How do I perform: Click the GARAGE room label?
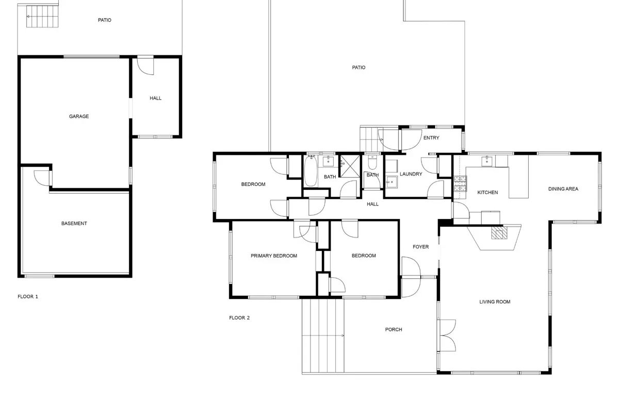79,117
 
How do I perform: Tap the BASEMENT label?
74,224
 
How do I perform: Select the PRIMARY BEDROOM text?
274,256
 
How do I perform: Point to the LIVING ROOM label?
495,302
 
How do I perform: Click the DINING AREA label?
563,189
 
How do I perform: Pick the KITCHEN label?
487,193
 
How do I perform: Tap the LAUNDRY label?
411,174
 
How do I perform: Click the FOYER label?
420,247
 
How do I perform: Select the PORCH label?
394,329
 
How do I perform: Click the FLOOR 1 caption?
28,296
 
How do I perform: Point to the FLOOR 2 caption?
239,318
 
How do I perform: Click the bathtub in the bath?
311,171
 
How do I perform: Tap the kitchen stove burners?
460,184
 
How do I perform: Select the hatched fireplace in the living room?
499,232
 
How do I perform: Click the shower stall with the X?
350,166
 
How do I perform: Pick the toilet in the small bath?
372,163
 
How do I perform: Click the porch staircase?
323,336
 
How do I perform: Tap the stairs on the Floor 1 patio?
42,17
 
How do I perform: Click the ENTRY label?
431,138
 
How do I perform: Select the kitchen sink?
487,161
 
